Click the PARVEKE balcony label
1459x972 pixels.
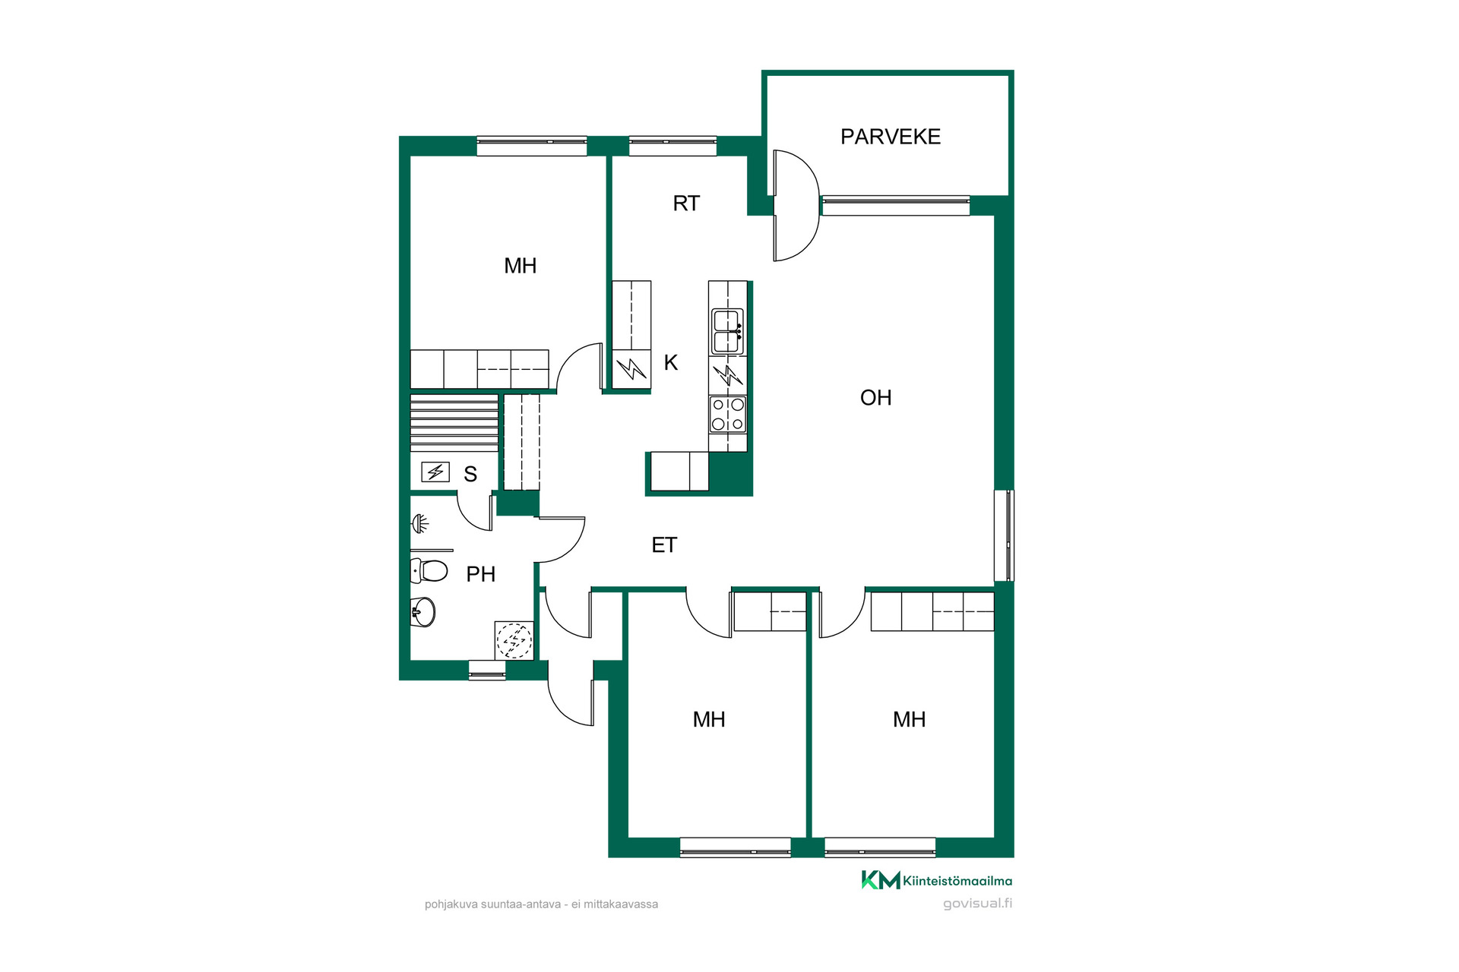coord(891,137)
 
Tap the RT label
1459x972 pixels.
coord(686,204)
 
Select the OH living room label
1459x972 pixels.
coord(875,398)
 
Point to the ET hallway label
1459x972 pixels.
coord(664,545)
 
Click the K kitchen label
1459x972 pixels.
coord(670,363)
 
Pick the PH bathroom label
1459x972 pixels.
coord(480,575)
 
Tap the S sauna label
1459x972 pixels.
coord(470,475)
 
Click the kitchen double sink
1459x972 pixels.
coord(727,332)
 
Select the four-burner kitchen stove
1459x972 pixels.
coord(727,415)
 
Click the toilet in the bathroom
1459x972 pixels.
coord(429,570)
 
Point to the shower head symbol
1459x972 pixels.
coord(420,523)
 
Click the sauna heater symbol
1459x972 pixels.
coord(435,472)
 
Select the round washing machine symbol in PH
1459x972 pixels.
coord(514,640)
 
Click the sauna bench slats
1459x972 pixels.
coord(454,423)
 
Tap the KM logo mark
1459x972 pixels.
coord(881,880)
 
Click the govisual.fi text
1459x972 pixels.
coord(977,904)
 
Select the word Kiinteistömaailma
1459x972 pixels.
coord(957,881)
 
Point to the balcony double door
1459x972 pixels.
coord(796,205)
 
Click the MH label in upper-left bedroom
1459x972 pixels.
coord(521,266)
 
